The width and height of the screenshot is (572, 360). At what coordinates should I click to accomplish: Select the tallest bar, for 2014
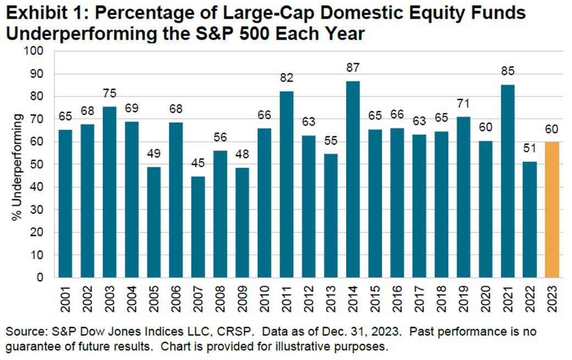[x=352, y=179]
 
